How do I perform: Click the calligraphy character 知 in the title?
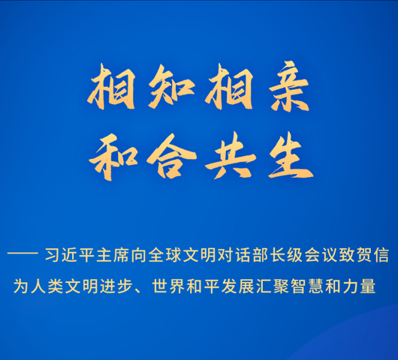tap(171, 86)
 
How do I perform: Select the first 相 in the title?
tap(111, 86)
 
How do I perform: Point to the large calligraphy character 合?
tap(171, 157)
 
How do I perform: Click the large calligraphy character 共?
tap(231, 155)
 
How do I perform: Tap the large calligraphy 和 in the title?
tap(113, 157)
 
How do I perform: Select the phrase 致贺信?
tap(363, 255)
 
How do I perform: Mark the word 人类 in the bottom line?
tap(47, 286)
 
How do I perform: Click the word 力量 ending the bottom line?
tap(358, 286)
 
